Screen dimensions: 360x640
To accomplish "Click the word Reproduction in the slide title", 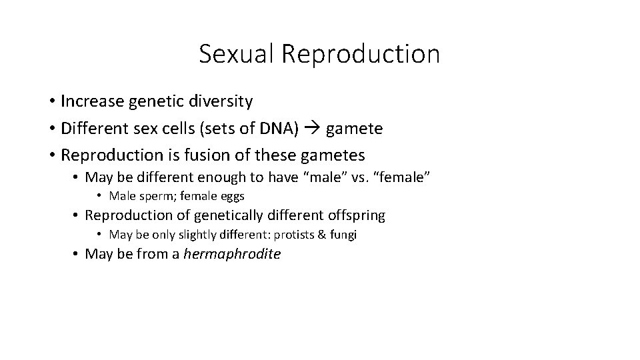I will (x=361, y=54).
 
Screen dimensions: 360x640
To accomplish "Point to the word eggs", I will (x=232, y=196).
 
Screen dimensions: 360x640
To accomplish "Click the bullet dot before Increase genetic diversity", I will (x=51, y=102).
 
